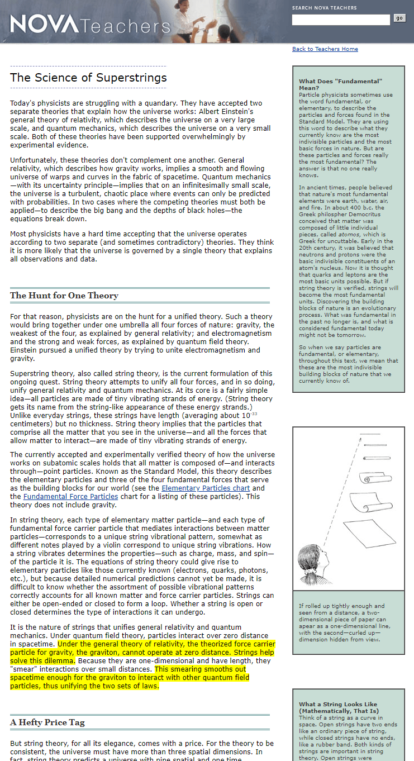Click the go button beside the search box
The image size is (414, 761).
[399, 18]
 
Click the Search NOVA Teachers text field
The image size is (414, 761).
[341, 20]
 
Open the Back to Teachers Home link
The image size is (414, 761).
[325, 49]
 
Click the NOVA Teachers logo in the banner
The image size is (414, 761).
[90, 25]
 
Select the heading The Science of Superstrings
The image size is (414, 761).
[88, 78]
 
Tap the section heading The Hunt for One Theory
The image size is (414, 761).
[64, 296]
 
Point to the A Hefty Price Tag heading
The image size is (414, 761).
[47, 722]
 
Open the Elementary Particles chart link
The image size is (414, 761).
[206, 488]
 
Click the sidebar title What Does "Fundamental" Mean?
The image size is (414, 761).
[340, 84]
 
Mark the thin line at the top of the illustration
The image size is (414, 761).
[370, 435]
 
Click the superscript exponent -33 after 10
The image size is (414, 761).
[254, 414]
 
